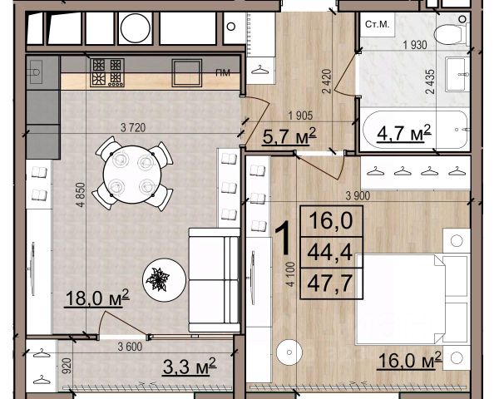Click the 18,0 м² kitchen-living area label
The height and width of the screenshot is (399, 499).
pyautogui.click(x=97, y=298)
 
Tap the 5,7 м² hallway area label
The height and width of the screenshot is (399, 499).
pyautogui.click(x=289, y=136)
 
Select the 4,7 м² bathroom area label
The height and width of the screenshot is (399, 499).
pyautogui.click(x=404, y=133)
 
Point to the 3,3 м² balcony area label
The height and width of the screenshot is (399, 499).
pyautogui.click(x=190, y=367)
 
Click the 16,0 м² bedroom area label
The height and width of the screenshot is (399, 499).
pyautogui.click(x=409, y=361)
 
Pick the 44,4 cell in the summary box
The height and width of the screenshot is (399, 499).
pyautogui.click(x=331, y=253)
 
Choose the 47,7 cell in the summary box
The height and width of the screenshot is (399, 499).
pyautogui.click(x=331, y=283)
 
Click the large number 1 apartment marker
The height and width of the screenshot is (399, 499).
pyautogui.click(x=283, y=239)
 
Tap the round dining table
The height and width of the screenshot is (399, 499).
pyautogui.click(x=132, y=175)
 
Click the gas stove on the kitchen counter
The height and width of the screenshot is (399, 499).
pyautogui.click(x=107, y=72)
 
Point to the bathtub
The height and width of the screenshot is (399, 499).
pyautogui.click(x=415, y=130)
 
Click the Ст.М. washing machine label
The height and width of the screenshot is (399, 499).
pyautogui.click(x=377, y=24)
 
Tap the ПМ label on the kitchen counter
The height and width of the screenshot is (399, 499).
pyautogui.click(x=223, y=73)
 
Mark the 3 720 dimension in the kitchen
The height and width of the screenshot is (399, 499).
pyautogui.click(x=133, y=127)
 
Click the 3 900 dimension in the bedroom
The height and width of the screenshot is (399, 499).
pyautogui.click(x=358, y=195)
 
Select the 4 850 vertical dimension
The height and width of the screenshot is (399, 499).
pyautogui.click(x=82, y=195)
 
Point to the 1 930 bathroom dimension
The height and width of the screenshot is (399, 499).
pyautogui.click(x=415, y=45)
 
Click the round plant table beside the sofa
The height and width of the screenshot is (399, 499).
pyautogui.click(x=164, y=280)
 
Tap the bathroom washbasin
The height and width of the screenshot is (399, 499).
pyautogui.click(x=457, y=74)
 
